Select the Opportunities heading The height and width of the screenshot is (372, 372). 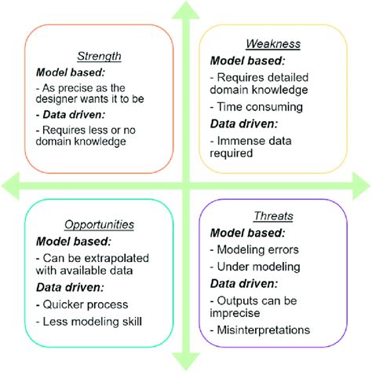[98, 223]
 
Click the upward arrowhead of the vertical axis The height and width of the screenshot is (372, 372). [186, 11]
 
